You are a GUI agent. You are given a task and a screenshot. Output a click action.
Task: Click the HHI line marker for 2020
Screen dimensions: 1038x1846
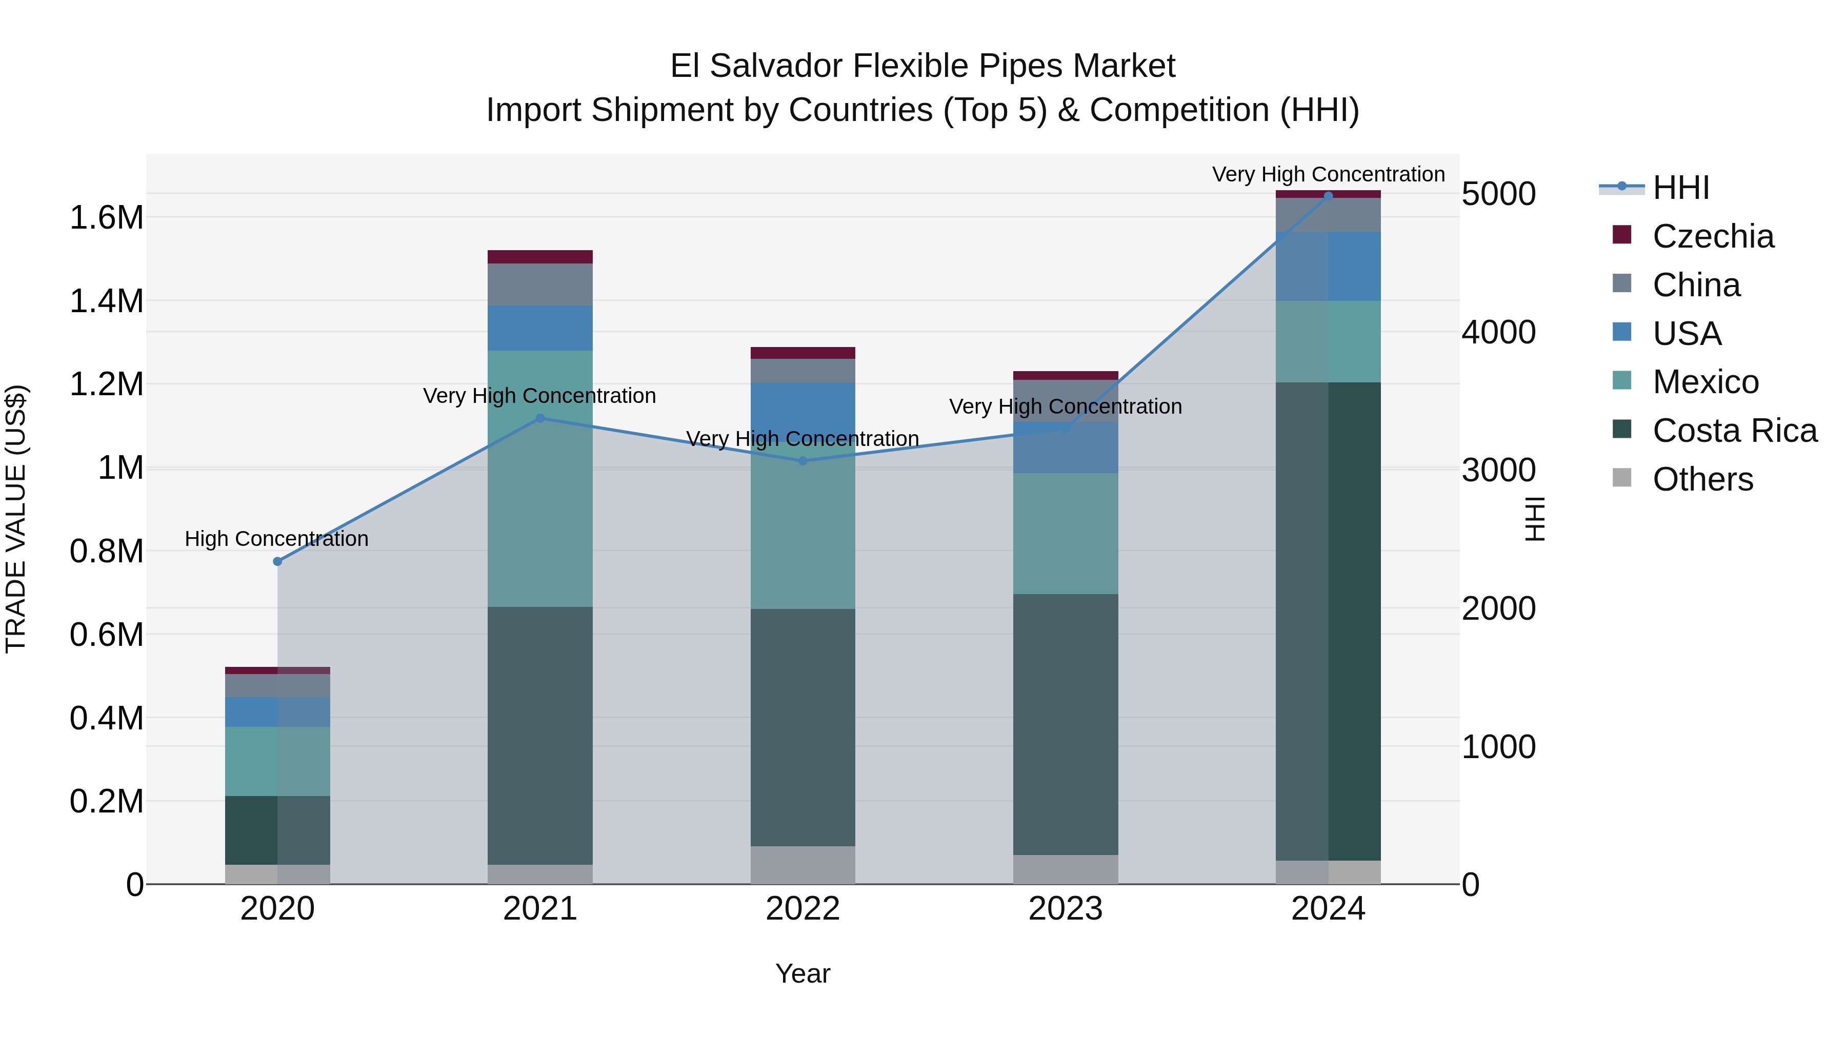277,562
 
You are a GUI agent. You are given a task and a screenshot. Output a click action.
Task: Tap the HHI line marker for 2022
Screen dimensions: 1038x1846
802,461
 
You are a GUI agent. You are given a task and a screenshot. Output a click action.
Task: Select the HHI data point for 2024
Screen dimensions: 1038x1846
1328,196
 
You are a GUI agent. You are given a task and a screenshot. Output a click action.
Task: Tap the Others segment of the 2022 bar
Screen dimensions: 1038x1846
802,865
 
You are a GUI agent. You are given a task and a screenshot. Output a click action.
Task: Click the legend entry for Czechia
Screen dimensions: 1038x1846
1713,236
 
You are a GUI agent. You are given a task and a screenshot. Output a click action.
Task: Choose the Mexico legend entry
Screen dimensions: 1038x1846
1705,382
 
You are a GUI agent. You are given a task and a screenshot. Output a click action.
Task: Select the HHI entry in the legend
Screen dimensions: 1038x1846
1680,188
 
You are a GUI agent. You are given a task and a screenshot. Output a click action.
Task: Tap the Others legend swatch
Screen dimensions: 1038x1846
1622,478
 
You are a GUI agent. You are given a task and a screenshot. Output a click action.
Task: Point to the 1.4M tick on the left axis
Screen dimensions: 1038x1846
106,301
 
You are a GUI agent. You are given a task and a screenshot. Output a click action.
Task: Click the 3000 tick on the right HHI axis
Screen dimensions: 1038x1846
1498,470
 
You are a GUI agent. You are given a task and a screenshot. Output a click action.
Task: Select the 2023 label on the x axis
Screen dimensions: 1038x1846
1065,909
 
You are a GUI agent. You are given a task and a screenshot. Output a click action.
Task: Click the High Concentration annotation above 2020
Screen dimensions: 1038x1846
276,539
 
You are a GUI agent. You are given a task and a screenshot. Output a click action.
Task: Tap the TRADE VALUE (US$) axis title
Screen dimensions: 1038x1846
16,519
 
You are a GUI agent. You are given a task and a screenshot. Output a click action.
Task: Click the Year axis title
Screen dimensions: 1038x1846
802,973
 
